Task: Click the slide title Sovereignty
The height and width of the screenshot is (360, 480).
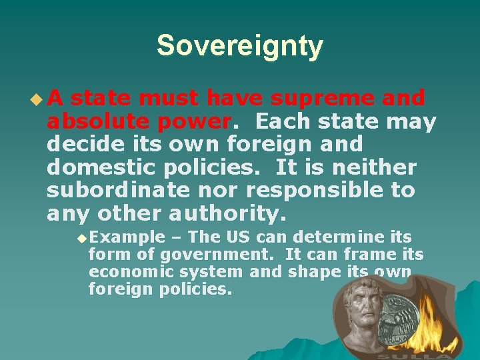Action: pyautogui.click(x=239, y=46)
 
